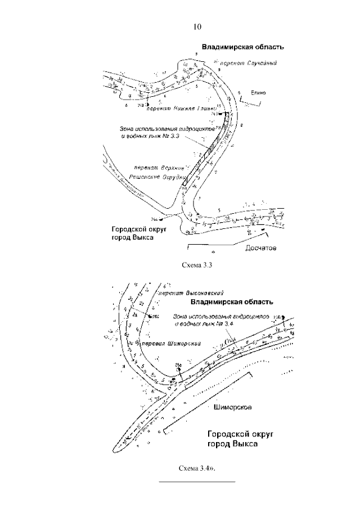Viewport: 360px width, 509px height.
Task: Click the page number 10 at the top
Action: [x=197, y=26]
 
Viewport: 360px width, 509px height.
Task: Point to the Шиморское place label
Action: [x=232, y=406]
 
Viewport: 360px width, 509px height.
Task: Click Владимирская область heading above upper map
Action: [x=243, y=47]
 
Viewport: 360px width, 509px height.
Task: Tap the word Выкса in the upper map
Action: [x=142, y=237]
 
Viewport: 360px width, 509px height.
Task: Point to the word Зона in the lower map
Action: [x=181, y=316]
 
